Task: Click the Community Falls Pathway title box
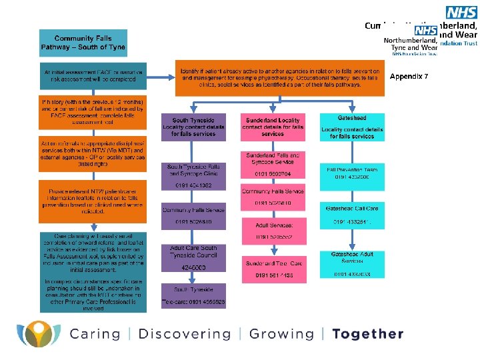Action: [x=83, y=43]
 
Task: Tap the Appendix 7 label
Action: [x=409, y=77]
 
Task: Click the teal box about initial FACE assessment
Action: [x=93, y=75]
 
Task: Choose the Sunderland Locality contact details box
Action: [x=273, y=126]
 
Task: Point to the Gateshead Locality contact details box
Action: [x=352, y=126]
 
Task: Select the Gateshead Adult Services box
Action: [x=352, y=263]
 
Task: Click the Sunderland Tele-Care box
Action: [x=273, y=268]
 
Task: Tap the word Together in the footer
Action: [x=368, y=334]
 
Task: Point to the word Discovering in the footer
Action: [x=185, y=334]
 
